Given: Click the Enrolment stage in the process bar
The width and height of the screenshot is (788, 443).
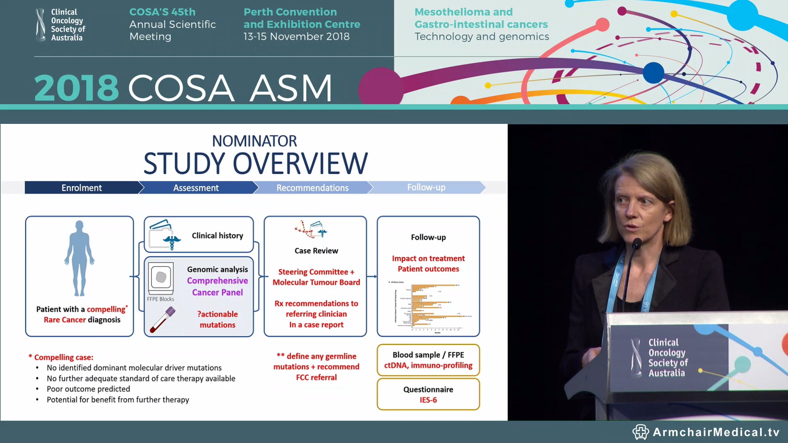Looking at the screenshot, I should coord(82,188).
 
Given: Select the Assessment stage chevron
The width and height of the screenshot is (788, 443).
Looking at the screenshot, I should coord(196,188).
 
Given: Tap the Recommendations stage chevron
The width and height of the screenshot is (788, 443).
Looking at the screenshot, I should coord(312,188).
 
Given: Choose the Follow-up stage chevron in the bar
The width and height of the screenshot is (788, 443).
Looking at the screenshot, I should coord(426,187).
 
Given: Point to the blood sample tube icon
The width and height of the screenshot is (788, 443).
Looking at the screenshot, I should coord(163,320).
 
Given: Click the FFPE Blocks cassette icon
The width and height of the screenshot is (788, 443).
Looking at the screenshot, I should coord(160,277).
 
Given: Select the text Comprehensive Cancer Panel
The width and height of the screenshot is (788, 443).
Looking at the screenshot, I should coord(218,286).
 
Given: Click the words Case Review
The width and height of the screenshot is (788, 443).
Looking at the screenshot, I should coord(316,251).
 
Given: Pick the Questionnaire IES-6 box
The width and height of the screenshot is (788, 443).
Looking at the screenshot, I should coord(428,394).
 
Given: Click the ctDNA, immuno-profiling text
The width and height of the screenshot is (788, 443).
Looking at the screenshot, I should coord(428,365).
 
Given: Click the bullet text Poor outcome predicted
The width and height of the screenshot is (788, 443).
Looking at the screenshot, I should coord(88,389).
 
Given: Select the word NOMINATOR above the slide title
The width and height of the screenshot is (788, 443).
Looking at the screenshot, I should coord(254,141).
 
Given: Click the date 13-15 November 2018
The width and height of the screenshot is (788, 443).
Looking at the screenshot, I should coord(296,37).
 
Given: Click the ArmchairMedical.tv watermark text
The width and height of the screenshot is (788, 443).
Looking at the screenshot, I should coord(716,432).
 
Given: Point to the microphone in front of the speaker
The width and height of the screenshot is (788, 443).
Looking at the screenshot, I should coord(637,244).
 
